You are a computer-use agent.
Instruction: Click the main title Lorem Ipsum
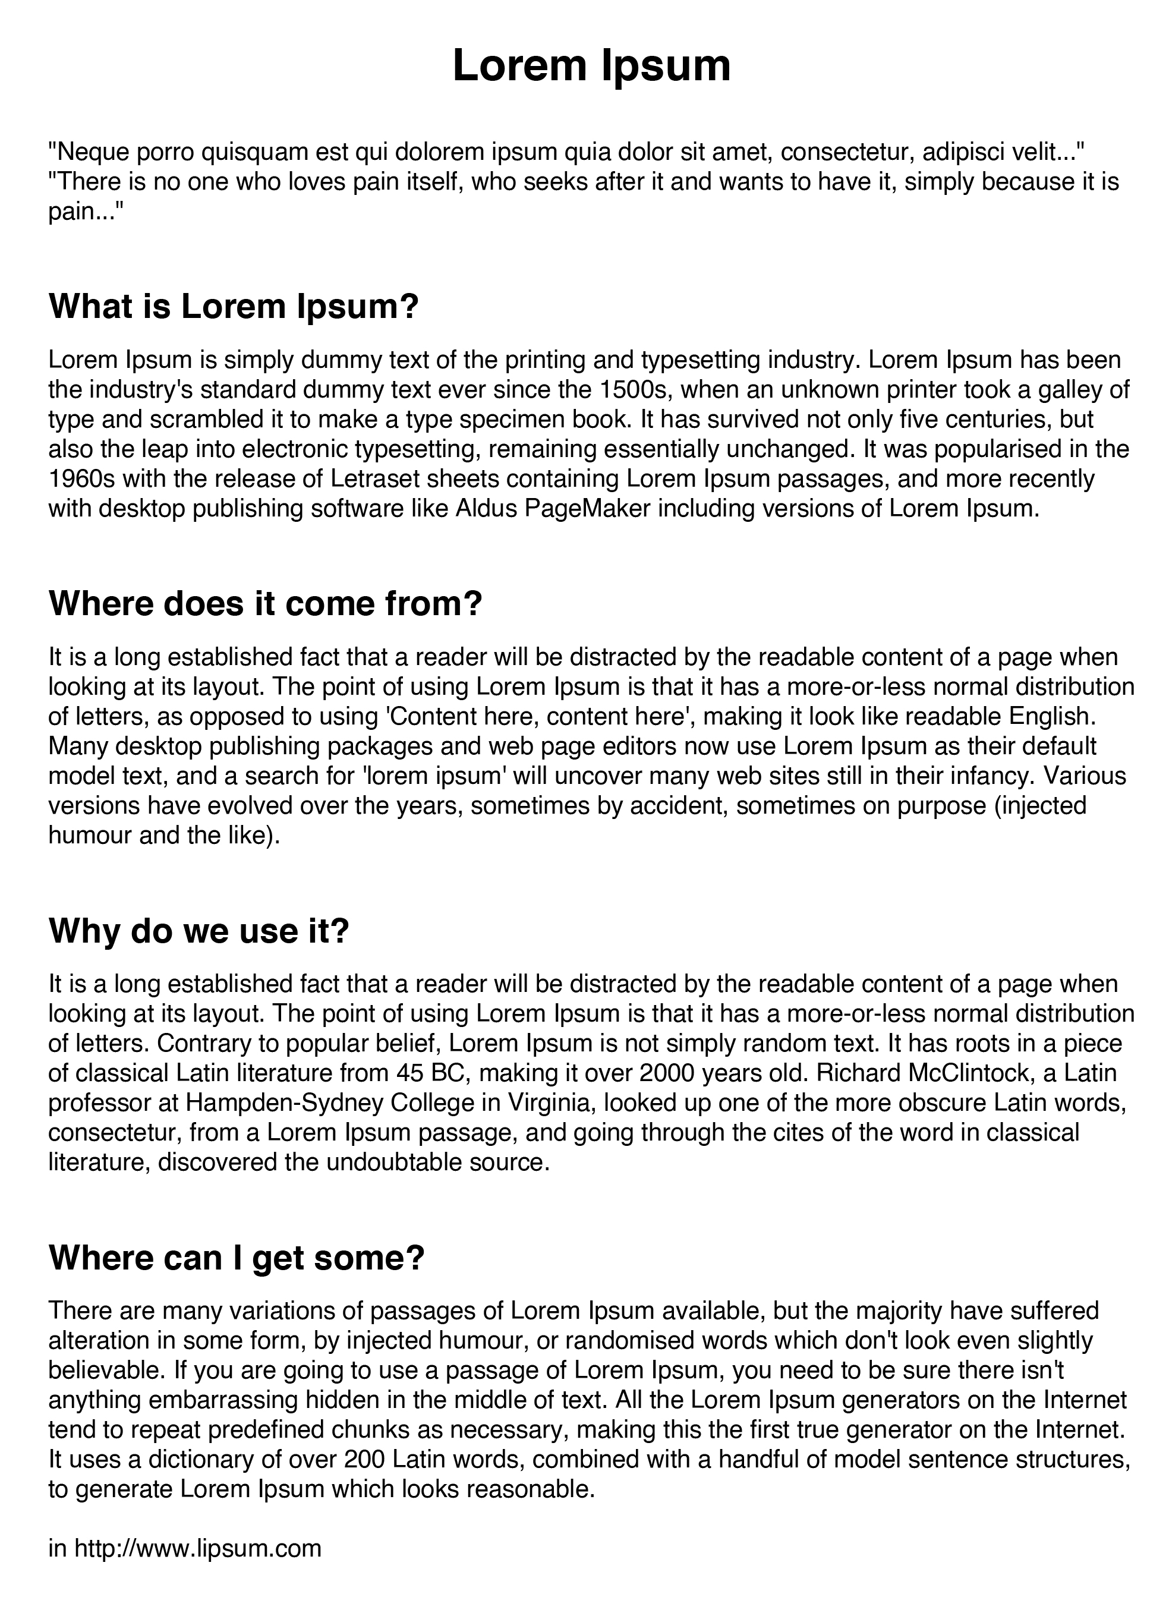pos(591,65)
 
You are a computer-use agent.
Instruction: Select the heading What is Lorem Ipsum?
pos(233,307)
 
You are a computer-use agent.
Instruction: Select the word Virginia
pos(546,1102)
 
